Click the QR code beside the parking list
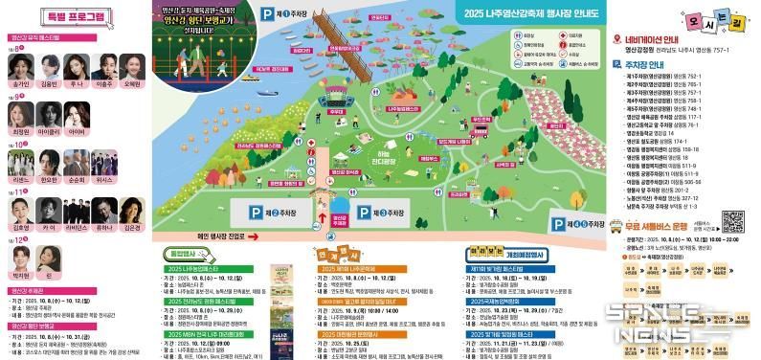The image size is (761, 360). [732, 222]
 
